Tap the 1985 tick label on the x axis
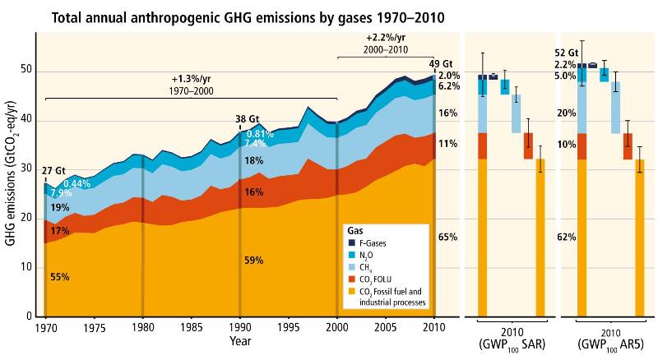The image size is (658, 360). (192, 326)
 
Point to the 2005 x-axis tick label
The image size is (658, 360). (385, 326)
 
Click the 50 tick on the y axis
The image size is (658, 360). (28, 71)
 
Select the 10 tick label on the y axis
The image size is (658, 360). (28, 267)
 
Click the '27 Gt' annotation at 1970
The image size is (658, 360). (53, 171)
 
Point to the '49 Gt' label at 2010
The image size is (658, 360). (441, 63)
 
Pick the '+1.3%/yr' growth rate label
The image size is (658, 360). (190, 80)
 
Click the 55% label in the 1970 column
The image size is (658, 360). (59, 277)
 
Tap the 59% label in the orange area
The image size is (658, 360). (254, 261)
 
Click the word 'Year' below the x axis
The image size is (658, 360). (241, 340)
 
